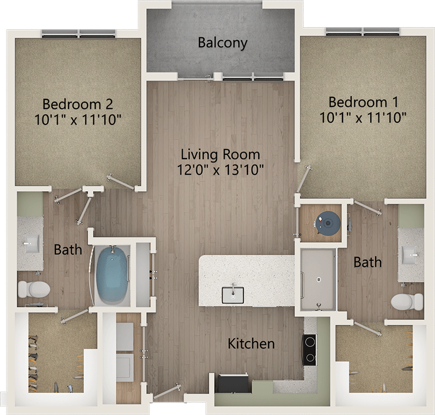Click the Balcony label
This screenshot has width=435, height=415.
tap(222, 43)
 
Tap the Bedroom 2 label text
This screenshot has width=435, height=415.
tap(78, 104)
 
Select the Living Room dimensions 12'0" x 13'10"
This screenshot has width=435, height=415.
tap(220, 169)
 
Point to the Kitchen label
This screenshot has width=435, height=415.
tap(251, 343)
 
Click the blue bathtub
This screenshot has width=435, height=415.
tap(113, 274)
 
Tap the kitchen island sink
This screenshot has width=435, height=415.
tap(233, 295)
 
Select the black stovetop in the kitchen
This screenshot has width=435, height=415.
tap(309, 350)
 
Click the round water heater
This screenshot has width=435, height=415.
tap(328, 223)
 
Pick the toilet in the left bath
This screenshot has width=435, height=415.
tap(34, 290)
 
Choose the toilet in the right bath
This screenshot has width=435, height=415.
tap(407, 302)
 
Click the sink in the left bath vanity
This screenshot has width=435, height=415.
tap(32, 243)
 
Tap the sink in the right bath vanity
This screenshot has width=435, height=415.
tap(409, 255)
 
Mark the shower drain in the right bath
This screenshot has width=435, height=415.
tap(319, 280)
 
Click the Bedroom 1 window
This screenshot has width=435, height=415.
tap(363, 32)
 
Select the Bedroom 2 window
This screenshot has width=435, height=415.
tap(78, 34)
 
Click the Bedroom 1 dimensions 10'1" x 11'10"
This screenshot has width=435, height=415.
tap(363, 117)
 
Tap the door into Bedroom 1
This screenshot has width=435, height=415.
tap(303, 179)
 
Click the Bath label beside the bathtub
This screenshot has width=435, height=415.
tap(68, 249)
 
